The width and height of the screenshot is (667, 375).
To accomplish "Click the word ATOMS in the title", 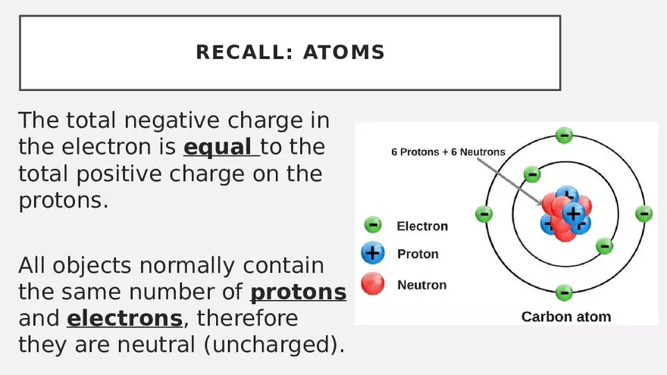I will point(344,52).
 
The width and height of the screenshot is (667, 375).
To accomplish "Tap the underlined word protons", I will point(298,292).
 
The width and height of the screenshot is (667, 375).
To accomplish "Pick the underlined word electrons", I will point(124,317).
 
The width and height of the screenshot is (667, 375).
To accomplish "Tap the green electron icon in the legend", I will point(372,225).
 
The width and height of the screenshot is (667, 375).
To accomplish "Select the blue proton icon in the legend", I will point(372,253).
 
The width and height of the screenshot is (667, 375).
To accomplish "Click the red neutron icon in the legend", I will point(372,283).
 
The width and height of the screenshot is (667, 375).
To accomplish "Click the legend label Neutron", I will point(421,285).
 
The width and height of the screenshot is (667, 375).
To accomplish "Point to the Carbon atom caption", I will point(565,317).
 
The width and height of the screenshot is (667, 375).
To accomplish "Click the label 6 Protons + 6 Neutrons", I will point(448,152).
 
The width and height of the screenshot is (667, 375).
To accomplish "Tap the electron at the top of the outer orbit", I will point(564,136).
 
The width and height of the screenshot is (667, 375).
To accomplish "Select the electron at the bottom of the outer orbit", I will point(564,292).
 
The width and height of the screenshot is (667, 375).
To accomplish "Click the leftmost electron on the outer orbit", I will point(484,214).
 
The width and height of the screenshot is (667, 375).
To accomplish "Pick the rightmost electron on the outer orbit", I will point(644,214).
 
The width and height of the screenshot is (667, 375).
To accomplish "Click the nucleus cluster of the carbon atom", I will point(564,214).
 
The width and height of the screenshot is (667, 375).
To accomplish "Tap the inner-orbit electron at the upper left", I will point(532,174).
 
